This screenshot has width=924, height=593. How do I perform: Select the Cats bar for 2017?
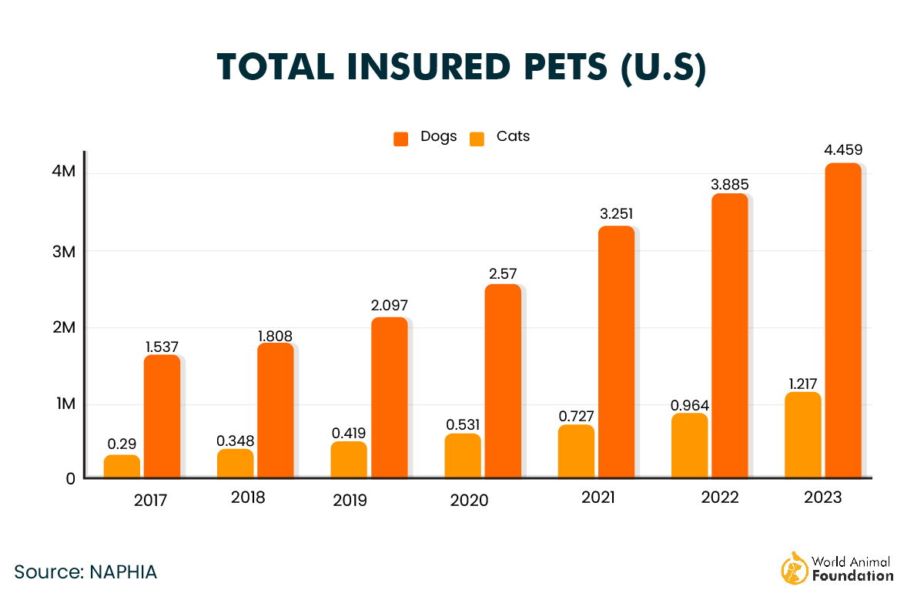coord(122,467)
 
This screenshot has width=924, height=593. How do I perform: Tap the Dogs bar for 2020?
coord(502,381)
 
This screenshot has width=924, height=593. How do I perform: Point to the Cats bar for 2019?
coord(349,460)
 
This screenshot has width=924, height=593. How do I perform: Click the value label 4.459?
coord(842,149)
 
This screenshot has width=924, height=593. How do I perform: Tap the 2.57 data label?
coord(502,273)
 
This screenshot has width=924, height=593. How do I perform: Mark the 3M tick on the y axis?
coord(64,251)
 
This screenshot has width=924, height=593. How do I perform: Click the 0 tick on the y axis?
coord(70,478)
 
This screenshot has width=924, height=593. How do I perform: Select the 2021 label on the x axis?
coord(598,498)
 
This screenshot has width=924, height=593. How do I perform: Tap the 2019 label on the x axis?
coord(350,501)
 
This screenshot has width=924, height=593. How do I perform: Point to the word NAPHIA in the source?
coord(123,572)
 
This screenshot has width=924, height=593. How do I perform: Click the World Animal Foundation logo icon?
coord(795,568)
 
